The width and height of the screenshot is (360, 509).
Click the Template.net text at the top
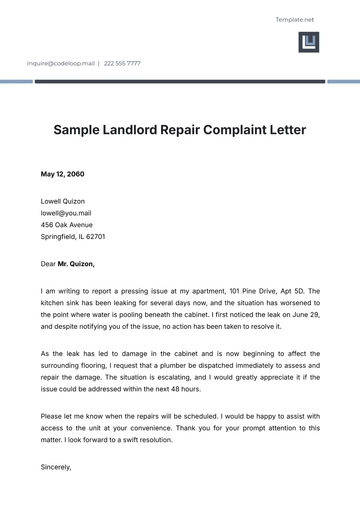pyautogui.click(x=295, y=20)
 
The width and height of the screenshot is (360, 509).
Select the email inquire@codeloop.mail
pyautogui.click(x=61, y=63)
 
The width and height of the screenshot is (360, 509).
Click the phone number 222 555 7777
pyautogui.click(x=122, y=63)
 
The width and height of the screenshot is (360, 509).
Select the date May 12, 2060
pyautogui.click(x=62, y=174)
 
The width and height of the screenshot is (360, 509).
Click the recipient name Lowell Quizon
pyautogui.click(x=64, y=199)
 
